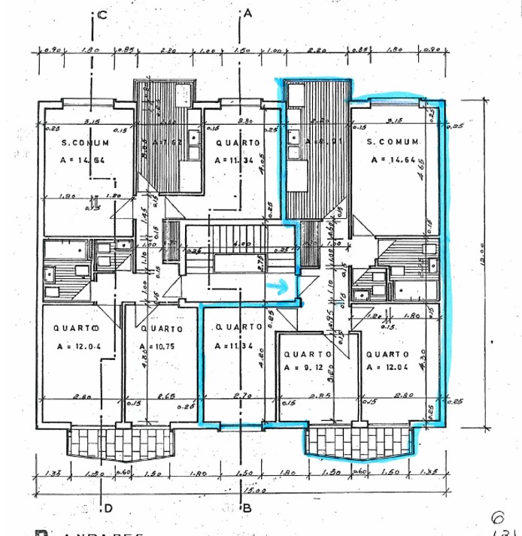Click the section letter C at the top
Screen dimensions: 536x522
[102, 14]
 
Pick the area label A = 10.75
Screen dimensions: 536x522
[156, 347]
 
